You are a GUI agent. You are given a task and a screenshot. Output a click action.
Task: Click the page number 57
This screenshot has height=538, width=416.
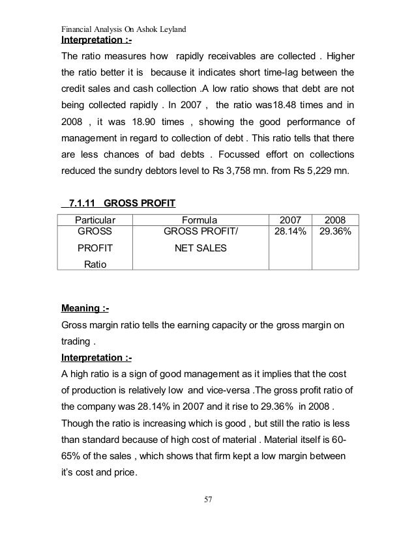pos(207,500)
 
